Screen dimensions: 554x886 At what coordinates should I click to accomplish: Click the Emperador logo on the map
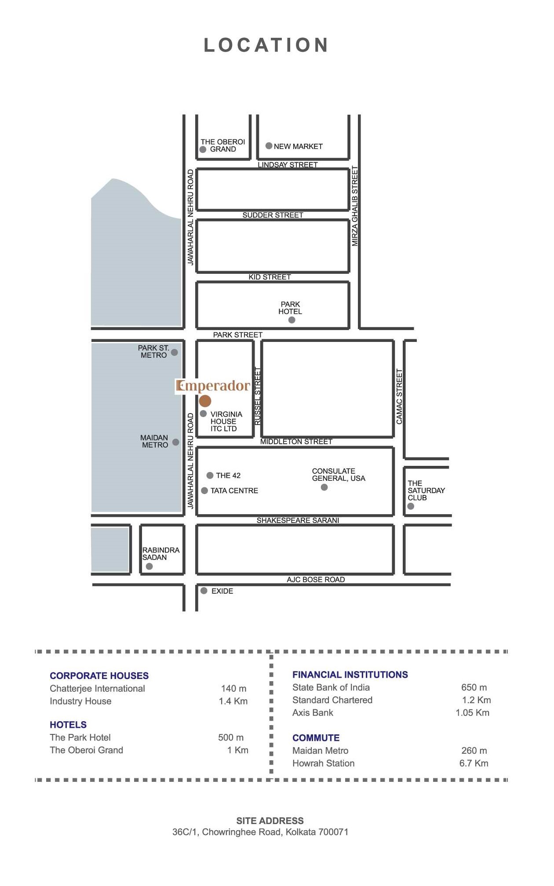[x=213, y=386]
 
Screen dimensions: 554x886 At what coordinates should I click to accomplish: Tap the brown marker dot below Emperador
[x=205, y=401]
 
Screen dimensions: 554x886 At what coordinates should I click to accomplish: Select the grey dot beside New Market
[x=269, y=146]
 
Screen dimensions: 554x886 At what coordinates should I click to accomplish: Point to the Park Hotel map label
[x=290, y=308]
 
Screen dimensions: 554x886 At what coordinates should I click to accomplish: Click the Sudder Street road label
[x=273, y=215]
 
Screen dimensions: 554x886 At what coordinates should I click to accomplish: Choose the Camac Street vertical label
[x=399, y=396]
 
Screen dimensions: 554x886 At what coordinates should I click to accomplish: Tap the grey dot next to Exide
[x=204, y=591]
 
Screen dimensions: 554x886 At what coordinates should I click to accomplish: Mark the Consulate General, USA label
[x=339, y=475]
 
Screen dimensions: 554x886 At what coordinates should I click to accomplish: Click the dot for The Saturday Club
[x=411, y=506]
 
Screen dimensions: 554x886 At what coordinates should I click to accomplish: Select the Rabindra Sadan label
[x=161, y=554]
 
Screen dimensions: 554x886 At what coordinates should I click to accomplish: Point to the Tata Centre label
[x=234, y=490]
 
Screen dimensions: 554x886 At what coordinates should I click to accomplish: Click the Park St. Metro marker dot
[x=175, y=352]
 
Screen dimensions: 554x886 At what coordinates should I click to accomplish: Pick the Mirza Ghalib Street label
[x=355, y=206]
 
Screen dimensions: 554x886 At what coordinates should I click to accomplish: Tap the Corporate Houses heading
[x=99, y=675]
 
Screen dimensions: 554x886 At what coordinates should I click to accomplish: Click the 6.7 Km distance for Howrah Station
[x=474, y=763]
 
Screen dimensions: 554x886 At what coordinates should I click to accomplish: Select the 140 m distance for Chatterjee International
[x=233, y=688]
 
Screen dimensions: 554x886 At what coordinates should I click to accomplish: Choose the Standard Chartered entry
[x=332, y=700]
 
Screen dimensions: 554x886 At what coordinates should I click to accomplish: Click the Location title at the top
[x=266, y=45]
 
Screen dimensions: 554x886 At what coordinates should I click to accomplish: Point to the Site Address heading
[x=270, y=821]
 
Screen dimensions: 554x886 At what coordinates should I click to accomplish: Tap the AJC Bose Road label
[x=316, y=579]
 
